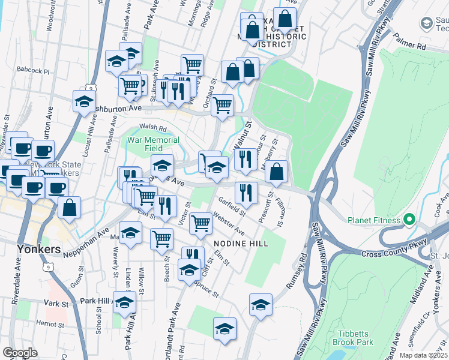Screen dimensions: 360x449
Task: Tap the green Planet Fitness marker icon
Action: point(410,220)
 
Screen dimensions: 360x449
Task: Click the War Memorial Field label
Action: point(153,144)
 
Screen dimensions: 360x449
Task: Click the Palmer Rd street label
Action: point(409,45)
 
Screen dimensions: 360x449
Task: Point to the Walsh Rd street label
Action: point(152,127)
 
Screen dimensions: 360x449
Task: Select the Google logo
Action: point(20,353)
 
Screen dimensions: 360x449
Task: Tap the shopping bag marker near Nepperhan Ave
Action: point(70,208)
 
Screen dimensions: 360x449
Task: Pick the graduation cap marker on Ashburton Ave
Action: point(85,101)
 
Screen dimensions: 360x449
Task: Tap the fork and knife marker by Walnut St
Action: point(245,159)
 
